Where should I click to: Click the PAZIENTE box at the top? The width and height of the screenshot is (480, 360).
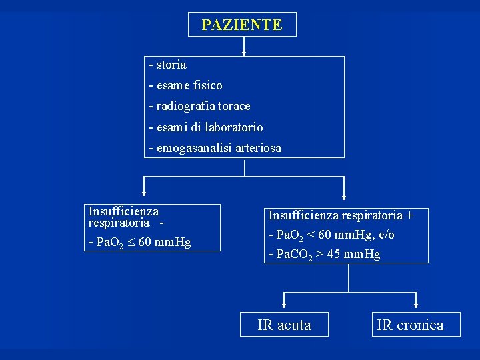coord(242,25)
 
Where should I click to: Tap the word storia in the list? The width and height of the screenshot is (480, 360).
coord(171,65)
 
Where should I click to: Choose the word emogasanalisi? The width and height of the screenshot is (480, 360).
coord(191,148)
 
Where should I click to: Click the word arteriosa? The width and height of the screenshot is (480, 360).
coord(255,148)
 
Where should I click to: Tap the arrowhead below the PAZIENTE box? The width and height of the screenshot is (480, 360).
coord(244,51)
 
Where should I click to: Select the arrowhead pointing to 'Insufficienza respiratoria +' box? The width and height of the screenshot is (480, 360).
coord(344,197)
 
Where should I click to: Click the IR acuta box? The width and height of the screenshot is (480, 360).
coord(284,325)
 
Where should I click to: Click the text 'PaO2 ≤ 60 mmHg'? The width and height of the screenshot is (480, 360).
coord(139,242)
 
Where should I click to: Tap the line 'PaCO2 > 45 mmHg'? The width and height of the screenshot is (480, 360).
coord(324,254)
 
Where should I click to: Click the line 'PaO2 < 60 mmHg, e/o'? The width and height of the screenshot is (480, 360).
coord(331,235)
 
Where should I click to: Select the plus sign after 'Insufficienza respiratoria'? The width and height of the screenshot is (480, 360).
coord(409,215)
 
